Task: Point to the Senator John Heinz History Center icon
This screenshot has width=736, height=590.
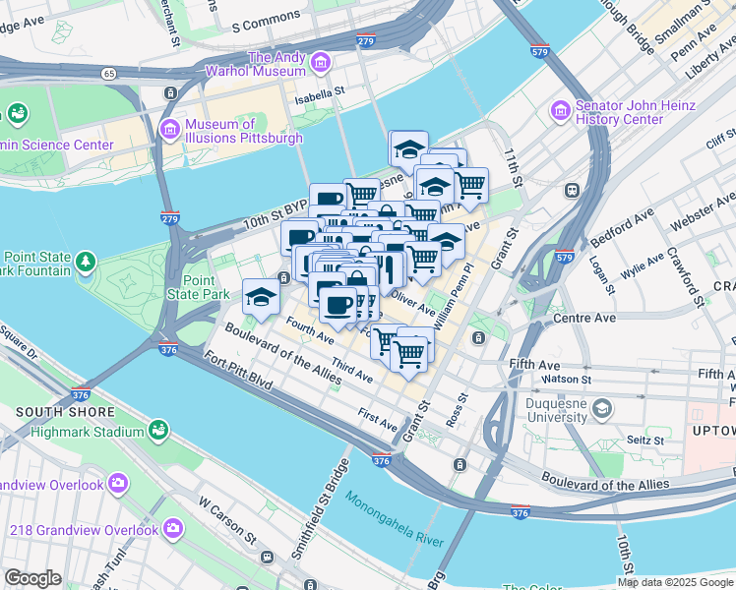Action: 561,110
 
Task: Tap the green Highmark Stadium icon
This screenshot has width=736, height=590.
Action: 157,430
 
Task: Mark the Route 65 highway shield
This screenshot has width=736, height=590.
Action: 106,74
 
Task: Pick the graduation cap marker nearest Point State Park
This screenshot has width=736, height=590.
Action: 262,296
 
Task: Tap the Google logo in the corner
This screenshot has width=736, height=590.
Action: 32,578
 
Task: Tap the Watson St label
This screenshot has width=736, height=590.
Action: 567,379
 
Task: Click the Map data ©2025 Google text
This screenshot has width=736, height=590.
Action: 674,582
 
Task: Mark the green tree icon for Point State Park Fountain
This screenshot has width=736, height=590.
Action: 87,261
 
